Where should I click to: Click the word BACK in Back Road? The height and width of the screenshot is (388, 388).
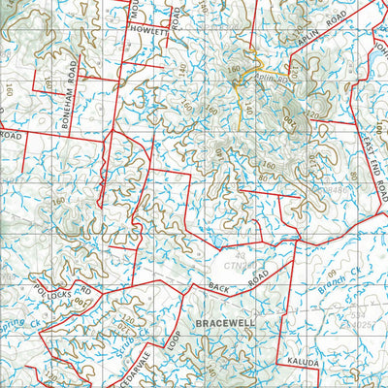click(221, 285)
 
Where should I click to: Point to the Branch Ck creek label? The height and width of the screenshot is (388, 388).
click(338, 275)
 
